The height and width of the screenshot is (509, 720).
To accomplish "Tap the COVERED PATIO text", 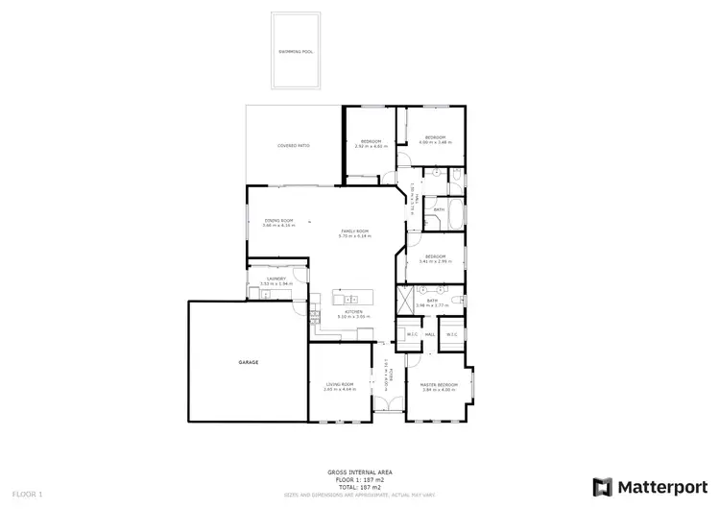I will (x=294, y=146).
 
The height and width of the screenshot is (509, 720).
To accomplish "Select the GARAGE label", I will (x=249, y=362).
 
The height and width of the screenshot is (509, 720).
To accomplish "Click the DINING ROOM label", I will (x=278, y=221).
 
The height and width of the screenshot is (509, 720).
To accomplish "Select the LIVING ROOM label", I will (x=340, y=384).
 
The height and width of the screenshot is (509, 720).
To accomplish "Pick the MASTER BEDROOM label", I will (x=439, y=384).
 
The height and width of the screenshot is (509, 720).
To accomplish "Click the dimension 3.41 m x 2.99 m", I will (x=435, y=260).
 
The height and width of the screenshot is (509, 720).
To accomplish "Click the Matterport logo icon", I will (x=603, y=486).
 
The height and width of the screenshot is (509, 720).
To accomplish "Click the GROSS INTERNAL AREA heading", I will (x=360, y=473).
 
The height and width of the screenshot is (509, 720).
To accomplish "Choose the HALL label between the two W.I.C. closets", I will (x=430, y=334).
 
